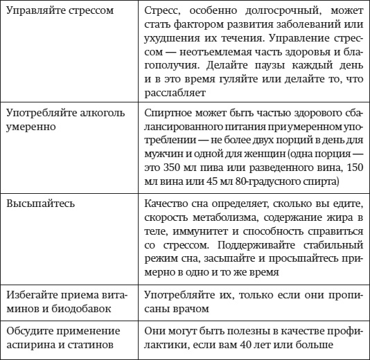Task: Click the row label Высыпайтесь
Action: tap(36, 206)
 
